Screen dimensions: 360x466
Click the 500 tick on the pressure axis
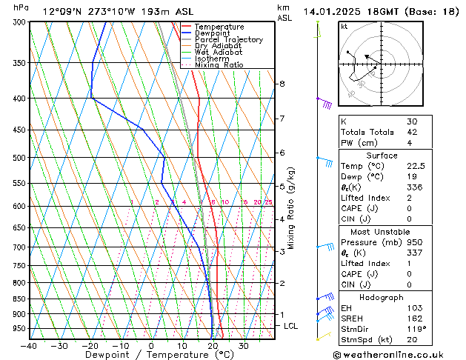(19, 158)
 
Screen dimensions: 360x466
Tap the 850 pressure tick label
(19, 299)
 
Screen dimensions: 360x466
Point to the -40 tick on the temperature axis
(29, 346)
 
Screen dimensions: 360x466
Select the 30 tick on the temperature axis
(243, 346)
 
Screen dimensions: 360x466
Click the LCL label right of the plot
(290, 326)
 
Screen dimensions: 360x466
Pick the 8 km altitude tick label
(282, 84)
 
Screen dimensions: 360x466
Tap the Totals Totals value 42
(412, 132)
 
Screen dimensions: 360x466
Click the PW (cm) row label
(358, 143)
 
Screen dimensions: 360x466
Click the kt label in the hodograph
(344, 27)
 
